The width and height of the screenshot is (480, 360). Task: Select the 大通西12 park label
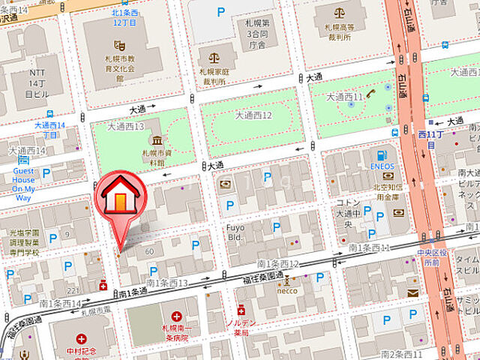pos(253,115)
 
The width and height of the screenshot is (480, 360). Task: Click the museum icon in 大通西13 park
pos(157,140)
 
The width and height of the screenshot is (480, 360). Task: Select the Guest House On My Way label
pos(24,184)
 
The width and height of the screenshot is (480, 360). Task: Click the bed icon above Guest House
pos(24,159)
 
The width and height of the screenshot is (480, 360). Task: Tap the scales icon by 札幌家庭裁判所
pos(214,57)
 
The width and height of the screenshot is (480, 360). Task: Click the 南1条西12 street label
pos(277,264)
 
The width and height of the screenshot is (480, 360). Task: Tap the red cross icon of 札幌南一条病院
pos(175,317)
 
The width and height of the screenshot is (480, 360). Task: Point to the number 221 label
pos(73,290)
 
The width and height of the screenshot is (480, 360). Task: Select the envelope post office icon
pos(413,292)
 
